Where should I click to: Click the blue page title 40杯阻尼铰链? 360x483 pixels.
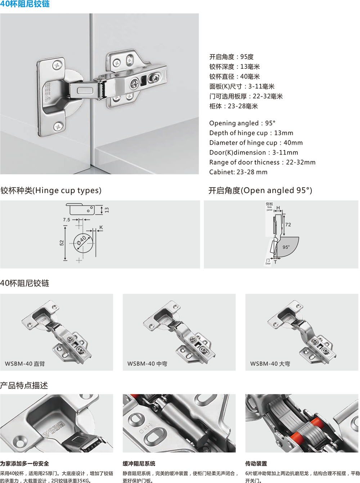(x=25, y=4)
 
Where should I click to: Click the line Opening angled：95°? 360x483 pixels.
(x=242, y=123)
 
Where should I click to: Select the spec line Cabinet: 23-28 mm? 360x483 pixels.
(x=238, y=172)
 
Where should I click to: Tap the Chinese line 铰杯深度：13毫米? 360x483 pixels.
(x=234, y=67)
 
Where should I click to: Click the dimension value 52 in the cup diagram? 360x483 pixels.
(x=62, y=243)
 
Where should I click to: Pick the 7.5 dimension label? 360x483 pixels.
(x=66, y=220)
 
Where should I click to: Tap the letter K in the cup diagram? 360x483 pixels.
(x=101, y=227)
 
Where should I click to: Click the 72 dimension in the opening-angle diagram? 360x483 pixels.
(x=288, y=225)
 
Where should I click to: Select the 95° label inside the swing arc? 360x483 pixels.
(x=286, y=247)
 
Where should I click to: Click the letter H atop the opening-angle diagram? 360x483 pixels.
(x=278, y=208)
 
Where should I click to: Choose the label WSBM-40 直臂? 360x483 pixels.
(x=25, y=364)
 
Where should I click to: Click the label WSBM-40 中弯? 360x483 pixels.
(x=147, y=364)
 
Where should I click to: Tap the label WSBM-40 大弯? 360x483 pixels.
(x=270, y=364)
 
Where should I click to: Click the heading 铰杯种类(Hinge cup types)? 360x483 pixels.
(x=51, y=191)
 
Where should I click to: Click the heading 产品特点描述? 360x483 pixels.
(x=24, y=385)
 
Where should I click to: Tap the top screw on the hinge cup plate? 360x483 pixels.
(x=57, y=65)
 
